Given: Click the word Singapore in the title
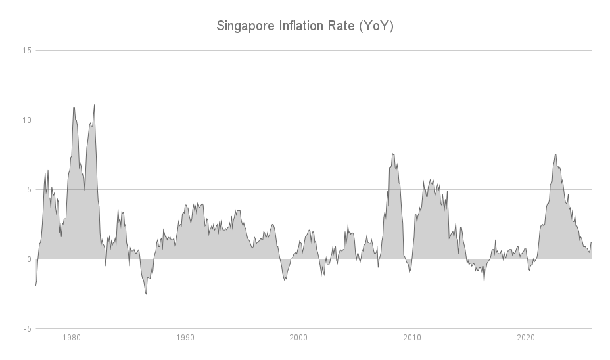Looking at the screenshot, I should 245,27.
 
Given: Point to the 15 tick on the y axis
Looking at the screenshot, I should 27,50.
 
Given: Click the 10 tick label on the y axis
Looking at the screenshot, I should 27,120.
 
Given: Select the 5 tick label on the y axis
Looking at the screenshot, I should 29,189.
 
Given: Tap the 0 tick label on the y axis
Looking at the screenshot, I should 29,259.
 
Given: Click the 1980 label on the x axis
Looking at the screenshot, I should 72,338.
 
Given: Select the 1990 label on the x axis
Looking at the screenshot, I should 185,338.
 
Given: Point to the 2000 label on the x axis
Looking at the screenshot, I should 298,338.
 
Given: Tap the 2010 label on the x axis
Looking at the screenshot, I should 412,338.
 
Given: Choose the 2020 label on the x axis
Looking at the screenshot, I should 526,338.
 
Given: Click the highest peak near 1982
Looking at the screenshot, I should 95,105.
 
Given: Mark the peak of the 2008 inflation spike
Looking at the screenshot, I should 392,154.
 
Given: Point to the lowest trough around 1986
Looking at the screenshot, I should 146,294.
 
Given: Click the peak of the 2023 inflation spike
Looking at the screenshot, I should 555,155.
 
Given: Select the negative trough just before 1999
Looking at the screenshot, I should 284,280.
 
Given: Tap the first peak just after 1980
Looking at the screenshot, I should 74,108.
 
